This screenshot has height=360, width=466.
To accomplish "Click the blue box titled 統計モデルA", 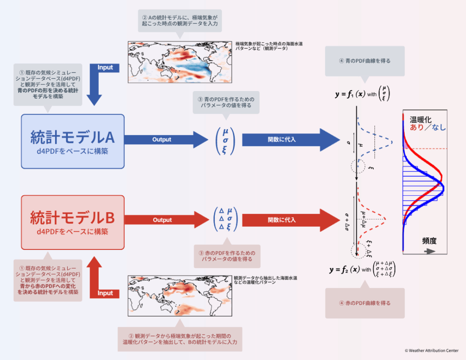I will (x=73, y=141).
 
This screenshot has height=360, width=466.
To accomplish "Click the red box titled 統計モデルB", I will (x=73, y=222).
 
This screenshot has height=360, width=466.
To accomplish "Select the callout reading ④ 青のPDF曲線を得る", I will (x=365, y=61).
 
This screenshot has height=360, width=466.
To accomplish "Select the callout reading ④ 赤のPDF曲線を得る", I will (x=365, y=303).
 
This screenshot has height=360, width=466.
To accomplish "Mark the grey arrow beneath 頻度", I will (x=430, y=251).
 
